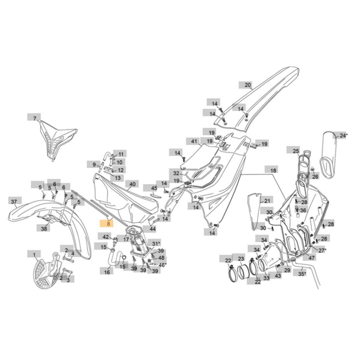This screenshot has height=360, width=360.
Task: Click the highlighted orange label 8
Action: (108, 224)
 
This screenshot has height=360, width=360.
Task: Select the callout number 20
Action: (248, 85)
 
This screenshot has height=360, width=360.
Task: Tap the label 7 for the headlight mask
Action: (34, 118)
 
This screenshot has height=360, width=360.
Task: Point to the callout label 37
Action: (14, 202)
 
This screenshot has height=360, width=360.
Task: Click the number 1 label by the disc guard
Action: (34, 255)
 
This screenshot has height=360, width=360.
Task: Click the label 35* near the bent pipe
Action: (301, 274)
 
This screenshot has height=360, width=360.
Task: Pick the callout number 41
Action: (194, 141)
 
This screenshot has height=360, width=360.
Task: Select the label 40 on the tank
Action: (132, 184)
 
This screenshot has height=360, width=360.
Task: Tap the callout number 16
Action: (107, 272)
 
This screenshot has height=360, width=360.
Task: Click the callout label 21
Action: (267, 201)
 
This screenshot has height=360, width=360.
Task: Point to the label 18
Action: (273, 170)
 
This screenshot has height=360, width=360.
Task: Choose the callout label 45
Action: (154, 188)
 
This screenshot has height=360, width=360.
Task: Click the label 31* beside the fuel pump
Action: (156, 243)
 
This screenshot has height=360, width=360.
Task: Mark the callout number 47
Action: (311, 258)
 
